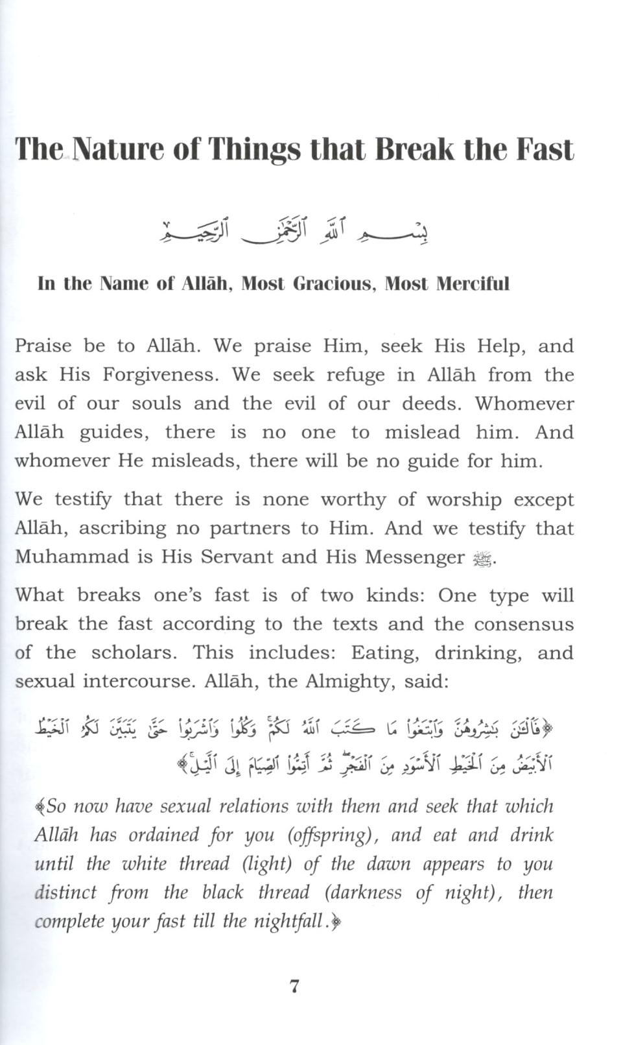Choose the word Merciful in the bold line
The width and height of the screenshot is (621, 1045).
(x=473, y=284)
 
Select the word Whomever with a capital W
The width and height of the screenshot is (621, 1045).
(x=524, y=403)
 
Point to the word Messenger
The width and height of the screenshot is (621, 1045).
(x=414, y=557)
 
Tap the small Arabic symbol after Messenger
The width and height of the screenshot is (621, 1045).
(x=483, y=559)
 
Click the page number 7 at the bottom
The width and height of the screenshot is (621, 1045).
(x=294, y=987)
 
